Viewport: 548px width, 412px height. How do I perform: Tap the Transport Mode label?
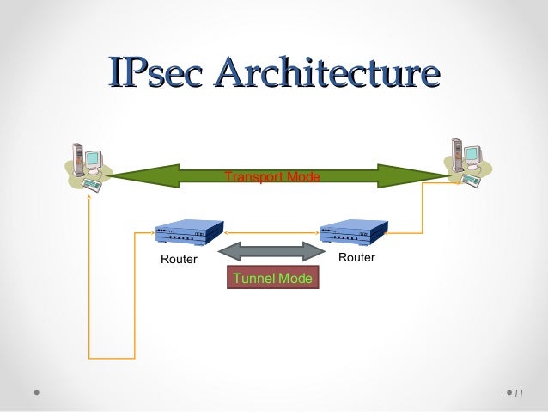click(271, 176)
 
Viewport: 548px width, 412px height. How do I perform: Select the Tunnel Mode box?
click(272, 278)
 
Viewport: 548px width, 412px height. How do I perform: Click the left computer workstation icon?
click(86, 163)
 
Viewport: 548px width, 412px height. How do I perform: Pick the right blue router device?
click(353, 232)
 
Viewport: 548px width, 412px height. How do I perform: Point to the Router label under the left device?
click(179, 259)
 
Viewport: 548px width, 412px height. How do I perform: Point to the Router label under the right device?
click(356, 258)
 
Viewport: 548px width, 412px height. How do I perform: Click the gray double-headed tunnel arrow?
click(271, 251)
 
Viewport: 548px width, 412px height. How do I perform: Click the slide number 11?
click(517, 394)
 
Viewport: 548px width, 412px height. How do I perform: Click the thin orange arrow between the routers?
click(271, 231)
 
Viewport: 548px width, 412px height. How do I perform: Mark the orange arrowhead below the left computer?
click(89, 196)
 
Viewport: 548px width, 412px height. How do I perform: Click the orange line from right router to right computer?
click(423, 215)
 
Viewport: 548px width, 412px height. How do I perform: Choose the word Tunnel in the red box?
click(253, 278)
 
